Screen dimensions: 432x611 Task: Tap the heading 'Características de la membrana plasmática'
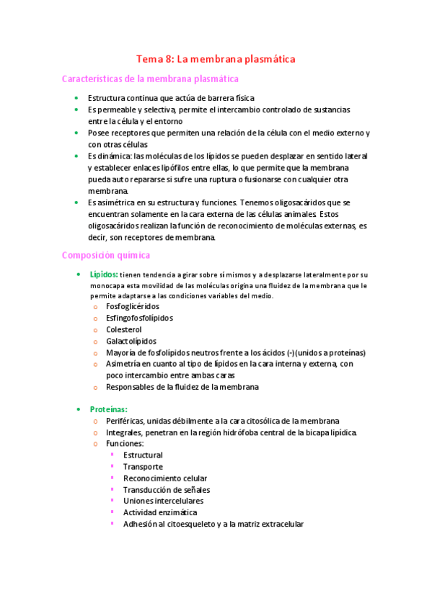tap(150, 79)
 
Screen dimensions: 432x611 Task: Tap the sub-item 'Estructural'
tap(143, 455)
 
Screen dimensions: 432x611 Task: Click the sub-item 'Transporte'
tap(143, 467)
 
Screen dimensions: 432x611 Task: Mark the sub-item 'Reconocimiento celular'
tap(165, 478)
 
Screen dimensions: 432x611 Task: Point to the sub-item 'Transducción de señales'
tap(167, 490)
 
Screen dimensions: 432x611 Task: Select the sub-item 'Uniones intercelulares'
tap(163, 501)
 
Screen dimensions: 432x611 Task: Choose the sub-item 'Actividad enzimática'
tap(160, 512)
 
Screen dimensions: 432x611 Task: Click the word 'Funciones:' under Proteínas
tap(125, 444)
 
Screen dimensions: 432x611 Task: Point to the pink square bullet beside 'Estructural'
tap(113, 455)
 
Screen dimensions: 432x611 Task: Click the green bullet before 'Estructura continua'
tap(76, 98)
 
